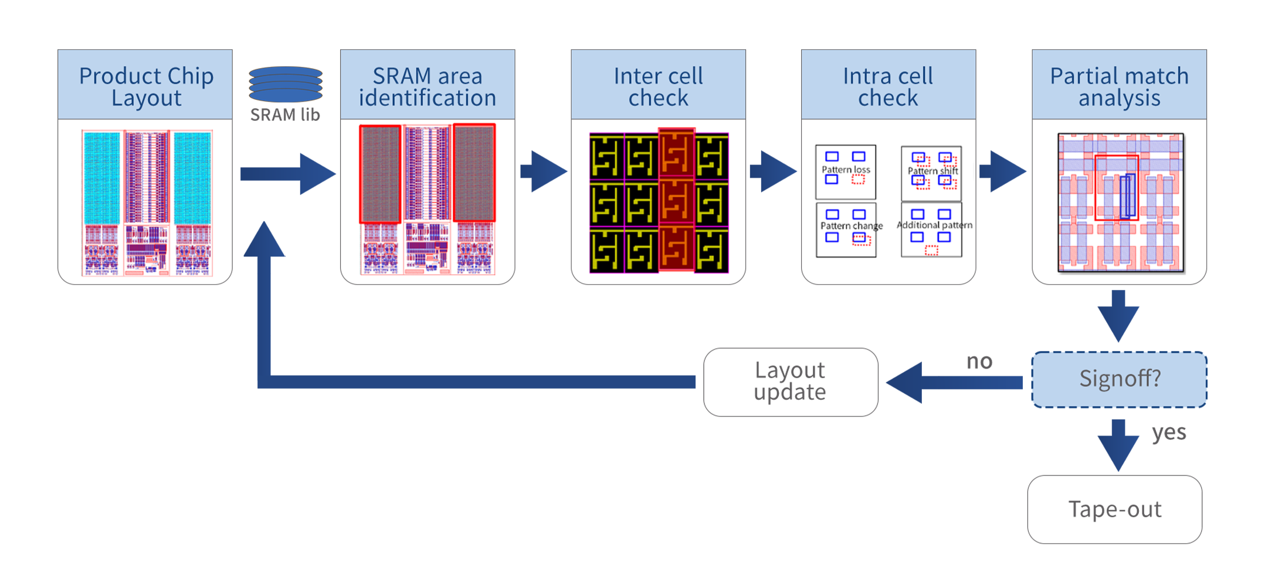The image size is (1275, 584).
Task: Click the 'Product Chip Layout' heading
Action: click(146, 87)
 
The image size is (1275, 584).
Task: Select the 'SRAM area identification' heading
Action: click(428, 87)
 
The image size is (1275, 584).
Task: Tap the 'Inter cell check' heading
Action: click(658, 87)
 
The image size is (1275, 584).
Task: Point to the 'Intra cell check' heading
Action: click(888, 87)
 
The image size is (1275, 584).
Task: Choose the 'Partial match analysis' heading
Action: click(1119, 87)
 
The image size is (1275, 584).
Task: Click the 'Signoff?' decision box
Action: click(1119, 379)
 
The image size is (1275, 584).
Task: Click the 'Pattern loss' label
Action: click(846, 170)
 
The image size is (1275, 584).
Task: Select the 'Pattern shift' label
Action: click(932, 171)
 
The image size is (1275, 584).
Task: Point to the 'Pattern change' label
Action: click(851, 226)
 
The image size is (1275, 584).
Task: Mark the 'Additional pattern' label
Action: click(934, 225)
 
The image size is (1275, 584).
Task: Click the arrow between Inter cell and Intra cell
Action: click(774, 171)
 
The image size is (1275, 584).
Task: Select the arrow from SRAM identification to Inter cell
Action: click(544, 171)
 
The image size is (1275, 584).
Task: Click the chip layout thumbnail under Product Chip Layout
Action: click(147, 202)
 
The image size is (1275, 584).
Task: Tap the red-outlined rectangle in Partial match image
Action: click(1117, 188)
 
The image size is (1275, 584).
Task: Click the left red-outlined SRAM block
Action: click(380, 174)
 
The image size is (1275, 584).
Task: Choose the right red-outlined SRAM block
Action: click(474, 173)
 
